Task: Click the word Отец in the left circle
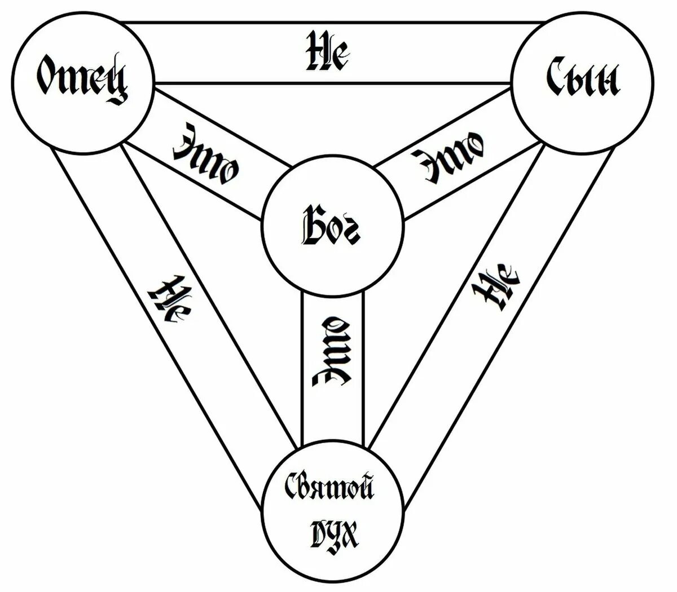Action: click(x=82, y=79)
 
